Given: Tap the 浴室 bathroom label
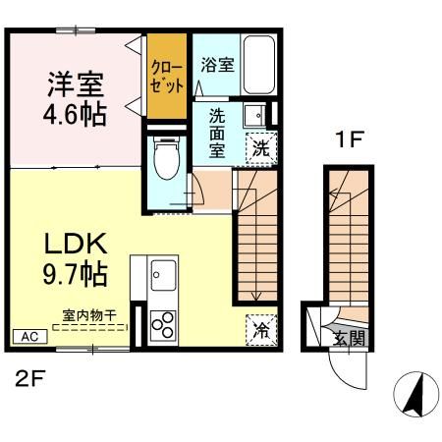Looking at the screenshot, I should point(217,67).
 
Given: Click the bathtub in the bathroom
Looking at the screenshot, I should point(260,64).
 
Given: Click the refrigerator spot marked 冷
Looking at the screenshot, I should point(260,330).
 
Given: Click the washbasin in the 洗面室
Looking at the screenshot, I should point(253,113).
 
